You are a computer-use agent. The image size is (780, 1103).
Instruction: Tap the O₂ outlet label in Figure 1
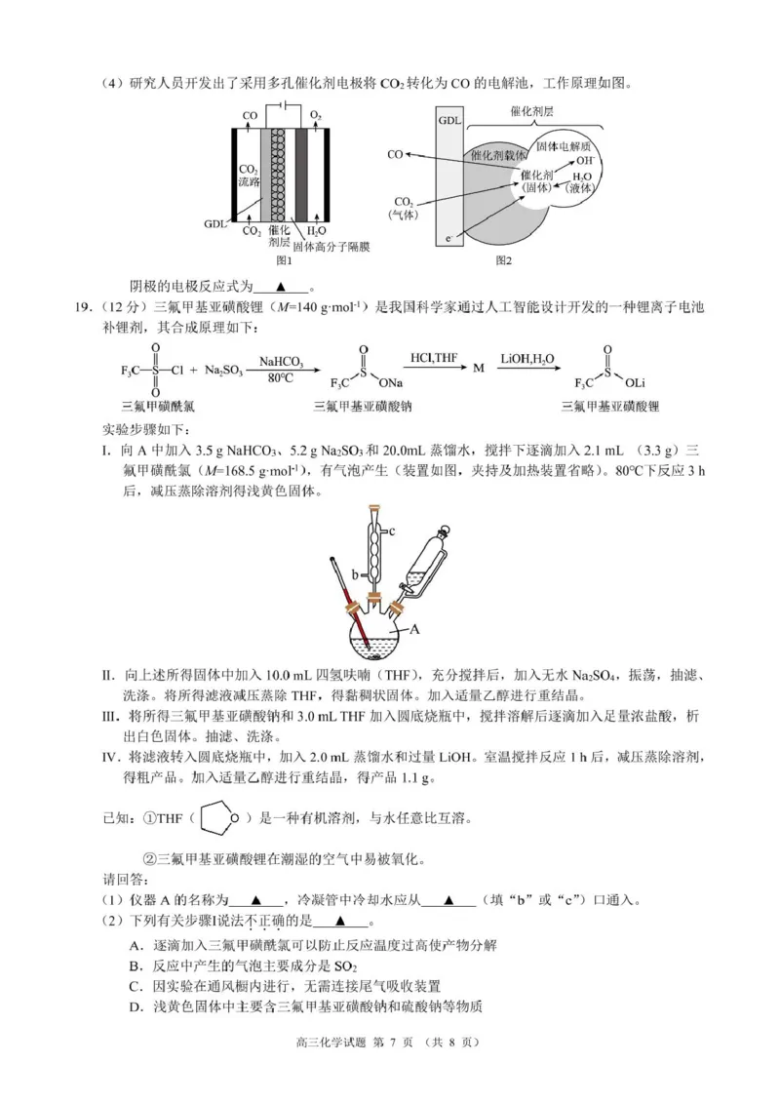coord(315,115)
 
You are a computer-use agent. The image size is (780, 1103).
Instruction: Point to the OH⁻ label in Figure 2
coord(585,160)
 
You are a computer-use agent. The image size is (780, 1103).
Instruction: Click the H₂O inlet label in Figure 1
coord(317,231)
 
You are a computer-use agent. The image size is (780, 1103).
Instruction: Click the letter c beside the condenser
coord(390,532)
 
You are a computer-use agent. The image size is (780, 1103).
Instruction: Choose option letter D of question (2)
coord(134,1006)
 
